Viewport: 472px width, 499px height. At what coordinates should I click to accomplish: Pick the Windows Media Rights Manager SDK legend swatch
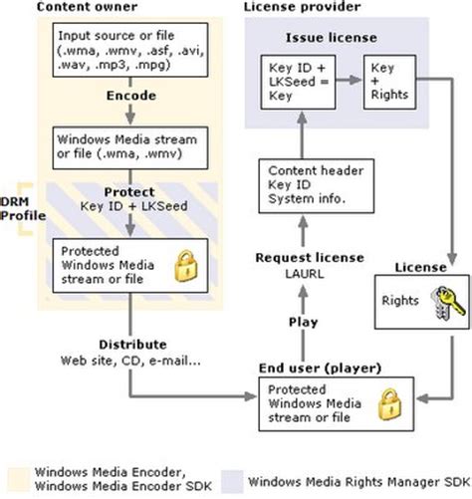point(236,476)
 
